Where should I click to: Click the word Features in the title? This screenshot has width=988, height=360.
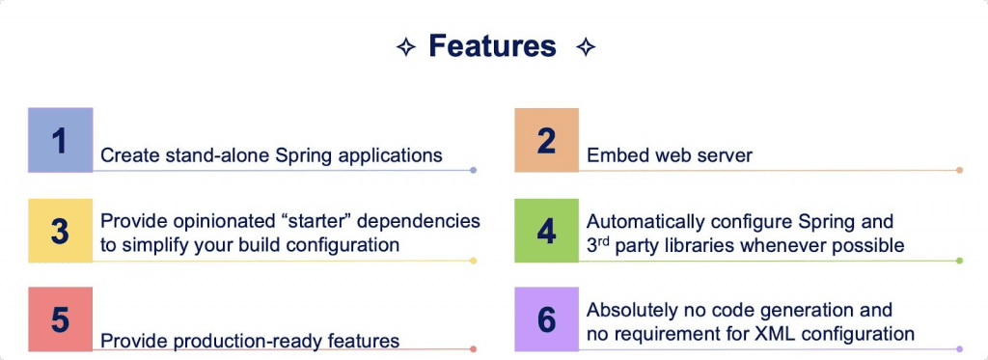pyautogui.click(x=492, y=45)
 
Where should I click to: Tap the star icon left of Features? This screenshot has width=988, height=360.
pyautogui.click(x=406, y=46)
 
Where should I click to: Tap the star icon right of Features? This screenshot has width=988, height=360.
pyautogui.click(x=585, y=46)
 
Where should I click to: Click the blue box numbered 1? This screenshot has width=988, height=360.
pyautogui.click(x=60, y=140)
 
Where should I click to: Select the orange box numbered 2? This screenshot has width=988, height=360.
pyautogui.click(x=546, y=140)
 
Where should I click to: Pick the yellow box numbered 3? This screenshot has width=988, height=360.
pyautogui.click(x=60, y=231)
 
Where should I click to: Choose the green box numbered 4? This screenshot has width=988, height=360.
pyautogui.click(x=546, y=231)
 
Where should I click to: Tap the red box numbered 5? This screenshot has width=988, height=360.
pyautogui.click(x=60, y=319)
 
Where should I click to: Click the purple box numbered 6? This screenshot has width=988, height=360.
pyautogui.click(x=546, y=319)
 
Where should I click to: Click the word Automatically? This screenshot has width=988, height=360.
pyautogui.click(x=647, y=221)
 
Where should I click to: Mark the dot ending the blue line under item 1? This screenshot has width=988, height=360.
pyautogui.click(x=473, y=171)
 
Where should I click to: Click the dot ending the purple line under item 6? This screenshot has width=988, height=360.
pyautogui.click(x=959, y=348)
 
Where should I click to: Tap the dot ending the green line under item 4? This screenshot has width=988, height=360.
pyautogui.click(x=959, y=261)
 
